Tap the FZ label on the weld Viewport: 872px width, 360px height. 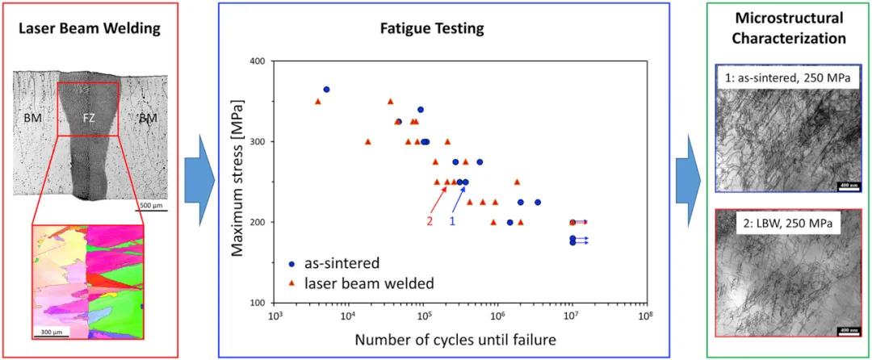point(89,118)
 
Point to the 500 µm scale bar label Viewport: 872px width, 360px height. point(150,205)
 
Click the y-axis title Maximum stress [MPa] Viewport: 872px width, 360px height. point(238,182)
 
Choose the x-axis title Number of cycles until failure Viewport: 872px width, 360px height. point(455,340)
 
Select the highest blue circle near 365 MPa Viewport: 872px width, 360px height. point(326,90)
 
